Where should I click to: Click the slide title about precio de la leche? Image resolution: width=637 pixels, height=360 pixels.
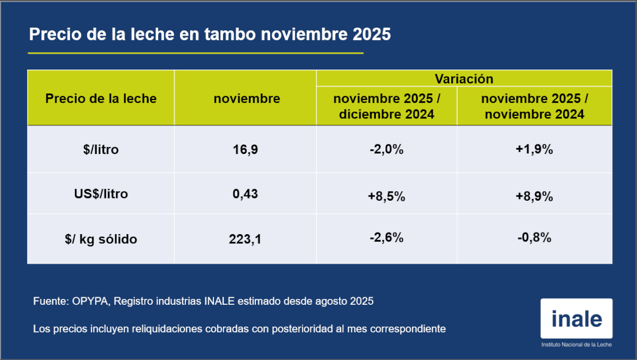pyautogui.click(x=210, y=35)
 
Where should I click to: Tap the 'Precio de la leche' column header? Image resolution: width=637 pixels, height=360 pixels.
pyautogui.click(x=101, y=98)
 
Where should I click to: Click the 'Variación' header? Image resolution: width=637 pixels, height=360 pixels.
pyautogui.click(x=464, y=79)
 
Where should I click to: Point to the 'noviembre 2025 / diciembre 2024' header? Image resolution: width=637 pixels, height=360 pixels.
pyautogui.click(x=387, y=106)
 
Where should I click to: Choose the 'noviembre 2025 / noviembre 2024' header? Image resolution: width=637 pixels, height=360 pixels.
pyautogui.click(x=535, y=106)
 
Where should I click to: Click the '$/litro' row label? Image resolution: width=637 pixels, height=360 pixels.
pyautogui.click(x=101, y=150)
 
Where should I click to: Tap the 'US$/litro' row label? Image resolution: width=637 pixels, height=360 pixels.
pyautogui.click(x=101, y=194)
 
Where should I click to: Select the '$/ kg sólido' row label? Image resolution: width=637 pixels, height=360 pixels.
pyautogui.click(x=101, y=239)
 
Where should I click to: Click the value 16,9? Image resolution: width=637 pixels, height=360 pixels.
pyautogui.click(x=245, y=150)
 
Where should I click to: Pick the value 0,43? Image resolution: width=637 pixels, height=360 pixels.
pyautogui.click(x=245, y=194)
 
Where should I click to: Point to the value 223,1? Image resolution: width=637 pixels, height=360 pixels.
pyautogui.click(x=245, y=239)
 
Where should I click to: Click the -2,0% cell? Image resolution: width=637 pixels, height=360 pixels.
pyautogui.click(x=387, y=150)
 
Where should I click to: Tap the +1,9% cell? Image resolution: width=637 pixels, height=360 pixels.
pyautogui.click(x=535, y=150)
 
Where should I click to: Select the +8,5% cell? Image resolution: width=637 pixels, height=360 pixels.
pyautogui.click(x=387, y=196)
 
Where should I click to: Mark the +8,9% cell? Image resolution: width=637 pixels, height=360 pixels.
pyautogui.click(x=535, y=196)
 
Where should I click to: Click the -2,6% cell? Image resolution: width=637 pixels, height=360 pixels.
pyautogui.click(x=387, y=238)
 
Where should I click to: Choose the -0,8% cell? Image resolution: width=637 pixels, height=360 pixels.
pyautogui.click(x=535, y=238)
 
